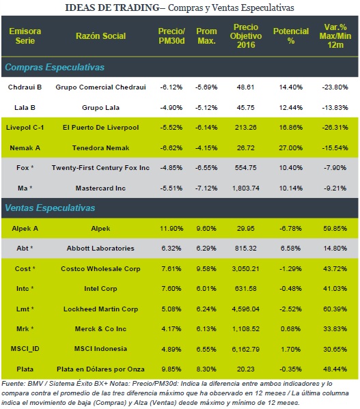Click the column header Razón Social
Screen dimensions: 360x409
[x=100, y=36]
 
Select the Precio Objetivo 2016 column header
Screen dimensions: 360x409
[x=246, y=36]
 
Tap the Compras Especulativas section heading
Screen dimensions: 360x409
[x=55, y=68]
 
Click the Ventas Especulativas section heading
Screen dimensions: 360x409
[x=50, y=208]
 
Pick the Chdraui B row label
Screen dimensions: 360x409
[x=25, y=87]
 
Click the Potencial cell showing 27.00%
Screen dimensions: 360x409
[x=291, y=148]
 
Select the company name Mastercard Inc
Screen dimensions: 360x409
[x=100, y=188]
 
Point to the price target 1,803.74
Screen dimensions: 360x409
[x=246, y=188]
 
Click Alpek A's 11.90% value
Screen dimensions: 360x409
[x=171, y=229]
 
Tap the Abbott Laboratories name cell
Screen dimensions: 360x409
[x=100, y=249]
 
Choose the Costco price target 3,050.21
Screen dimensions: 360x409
[x=246, y=268]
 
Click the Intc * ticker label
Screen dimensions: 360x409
[x=25, y=289]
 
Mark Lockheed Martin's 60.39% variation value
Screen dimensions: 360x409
[x=335, y=309]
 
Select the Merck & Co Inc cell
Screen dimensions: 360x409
[x=100, y=329]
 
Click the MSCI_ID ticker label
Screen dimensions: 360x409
[x=25, y=349]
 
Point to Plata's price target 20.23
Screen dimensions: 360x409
[x=246, y=369]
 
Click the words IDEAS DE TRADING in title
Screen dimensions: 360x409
[x=112, y=8]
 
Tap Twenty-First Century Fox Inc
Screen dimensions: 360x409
[x=100, y=168]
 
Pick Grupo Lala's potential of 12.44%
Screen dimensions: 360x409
[x=291, y=107]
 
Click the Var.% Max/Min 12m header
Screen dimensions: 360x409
[x=335, y=36]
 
